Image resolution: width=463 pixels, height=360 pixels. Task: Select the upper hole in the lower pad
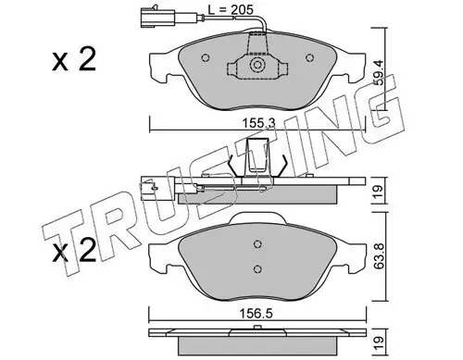[x=257, y=244]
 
